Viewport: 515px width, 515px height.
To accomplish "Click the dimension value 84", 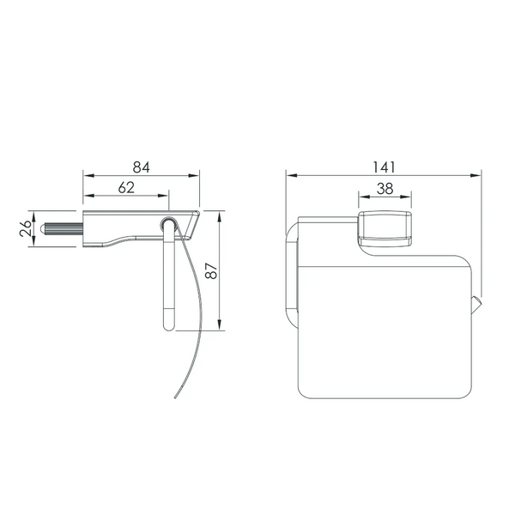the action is (142, 167).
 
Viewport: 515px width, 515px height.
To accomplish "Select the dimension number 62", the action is (126, 187).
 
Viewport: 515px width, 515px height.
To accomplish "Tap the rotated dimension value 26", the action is (26, 228).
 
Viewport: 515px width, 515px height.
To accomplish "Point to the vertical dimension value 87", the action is (211, 270).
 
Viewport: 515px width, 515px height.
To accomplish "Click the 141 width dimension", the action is (384, 167).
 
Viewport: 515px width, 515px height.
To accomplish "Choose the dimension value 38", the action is (385, 189).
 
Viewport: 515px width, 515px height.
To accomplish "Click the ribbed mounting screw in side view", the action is (62, 228).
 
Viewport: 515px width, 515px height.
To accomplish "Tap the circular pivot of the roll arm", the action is (169, 225).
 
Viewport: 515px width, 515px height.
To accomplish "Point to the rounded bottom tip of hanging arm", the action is (169, 327).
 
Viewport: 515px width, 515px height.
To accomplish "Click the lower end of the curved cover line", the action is (175, 398).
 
